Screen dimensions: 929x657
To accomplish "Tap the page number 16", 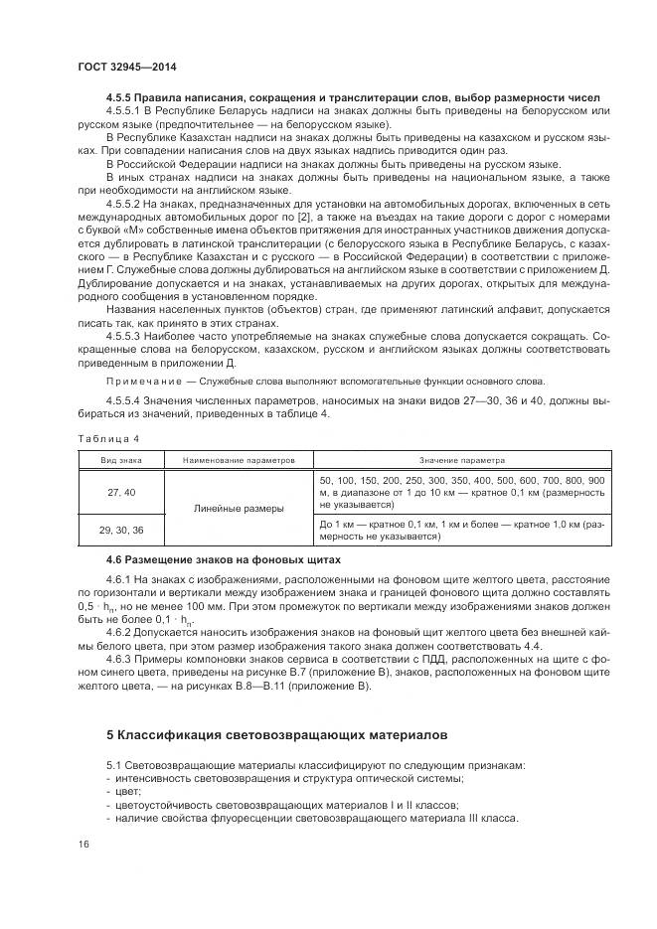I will (x=82, y=843).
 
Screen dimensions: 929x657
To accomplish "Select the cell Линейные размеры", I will (x=239, y=509).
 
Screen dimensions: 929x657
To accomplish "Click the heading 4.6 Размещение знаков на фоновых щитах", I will (x=221, y=560).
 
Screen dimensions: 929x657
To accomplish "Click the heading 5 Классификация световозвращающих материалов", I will (x=277, y=734).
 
